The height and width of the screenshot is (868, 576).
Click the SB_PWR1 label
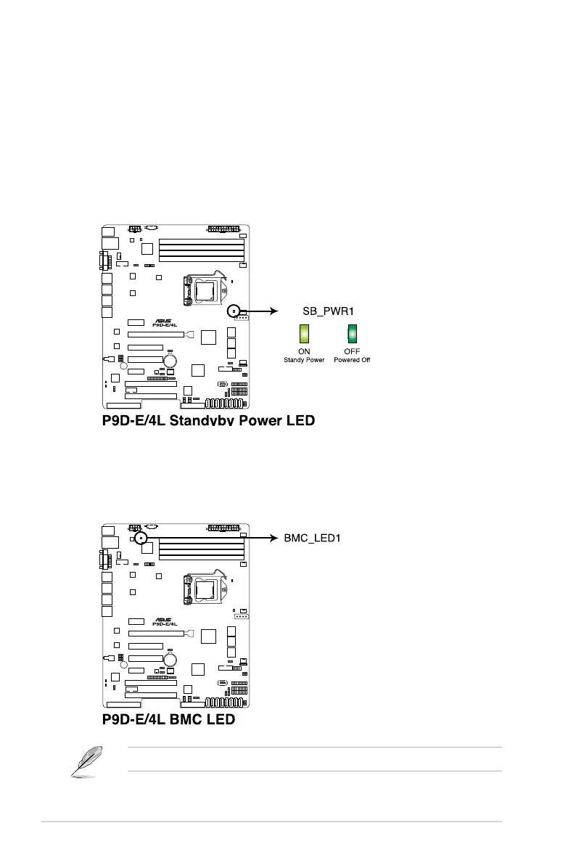click(328, 311)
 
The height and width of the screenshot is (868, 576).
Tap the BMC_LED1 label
click(310, 538)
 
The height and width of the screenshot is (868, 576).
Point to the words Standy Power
click(304, 360)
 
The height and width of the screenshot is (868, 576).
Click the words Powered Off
click(352, 360)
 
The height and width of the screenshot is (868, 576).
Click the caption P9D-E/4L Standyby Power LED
click(208, 420)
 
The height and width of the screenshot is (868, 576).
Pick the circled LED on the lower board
click(140, 538)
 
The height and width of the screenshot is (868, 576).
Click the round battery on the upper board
click(171, 361)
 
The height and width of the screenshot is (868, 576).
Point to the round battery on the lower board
click(171, 659)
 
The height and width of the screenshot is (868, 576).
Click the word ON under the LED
click(304, 352)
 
